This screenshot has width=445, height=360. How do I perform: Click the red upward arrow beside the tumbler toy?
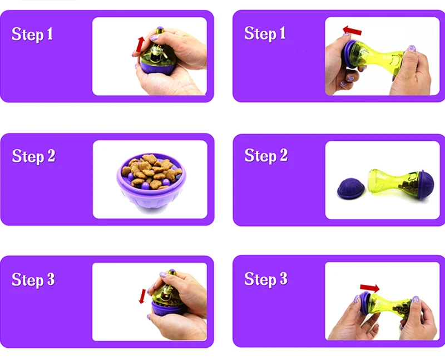tap(140, 45)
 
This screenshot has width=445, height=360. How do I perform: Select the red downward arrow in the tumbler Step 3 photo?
tap(142, 296)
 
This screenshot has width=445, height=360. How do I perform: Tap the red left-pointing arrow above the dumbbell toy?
tap(352, 30)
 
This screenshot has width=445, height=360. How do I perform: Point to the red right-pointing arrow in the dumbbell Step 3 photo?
tap(369, 288)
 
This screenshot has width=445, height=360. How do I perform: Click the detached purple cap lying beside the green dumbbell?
tap(351, 188)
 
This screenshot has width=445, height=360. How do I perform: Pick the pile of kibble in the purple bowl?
tap(151, 171)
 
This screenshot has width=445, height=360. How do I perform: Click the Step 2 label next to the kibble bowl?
tap(33, 156)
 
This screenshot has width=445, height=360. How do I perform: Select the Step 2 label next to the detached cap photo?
tap(266, 156)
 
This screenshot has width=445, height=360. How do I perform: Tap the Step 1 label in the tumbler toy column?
tap(32, 34)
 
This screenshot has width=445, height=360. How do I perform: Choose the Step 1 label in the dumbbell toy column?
tap(265, 33)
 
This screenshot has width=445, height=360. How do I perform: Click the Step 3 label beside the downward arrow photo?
tap(33, 280)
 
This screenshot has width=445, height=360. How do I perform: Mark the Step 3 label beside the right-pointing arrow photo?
tap(266, 279)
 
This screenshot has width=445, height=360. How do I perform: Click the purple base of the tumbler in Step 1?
tap(157, 67)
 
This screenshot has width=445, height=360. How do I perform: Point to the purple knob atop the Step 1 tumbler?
tap(160, 29)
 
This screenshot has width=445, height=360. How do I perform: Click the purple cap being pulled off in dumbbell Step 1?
tap(350, 55)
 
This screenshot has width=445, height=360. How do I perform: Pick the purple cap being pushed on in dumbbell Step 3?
tap(365, 303)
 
